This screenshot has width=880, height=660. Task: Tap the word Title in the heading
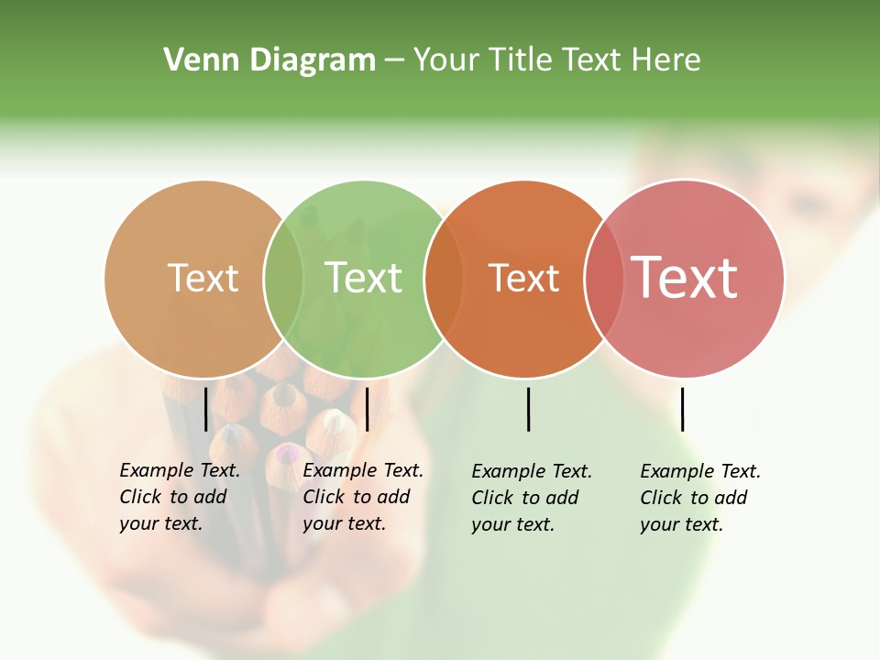pyautogui.click(x=519, y=60)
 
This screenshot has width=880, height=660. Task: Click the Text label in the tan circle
pyautogui.click(x=203, y=278)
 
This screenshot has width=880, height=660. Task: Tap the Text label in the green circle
pyautogui.click(x=363, y=278)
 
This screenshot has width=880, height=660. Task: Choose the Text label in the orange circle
pyautogui.click(x=523, y=279)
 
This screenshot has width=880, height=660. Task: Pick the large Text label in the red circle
pyautogui.click(x=685, y=278)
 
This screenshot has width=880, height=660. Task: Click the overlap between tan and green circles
pyautogui.click(x=283, y=279)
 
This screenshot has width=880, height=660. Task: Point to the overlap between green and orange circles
pyautogui.click(x=444, y=279)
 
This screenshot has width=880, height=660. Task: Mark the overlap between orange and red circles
pyautogui.click(x=604, y=279)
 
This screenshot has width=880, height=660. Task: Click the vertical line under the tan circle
pyautogui.click(x=206, y=408)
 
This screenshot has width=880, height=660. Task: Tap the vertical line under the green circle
pyautogui.click(x=367, y=408)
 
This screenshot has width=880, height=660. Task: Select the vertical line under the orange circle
pyautogui.click(x=528, y=409)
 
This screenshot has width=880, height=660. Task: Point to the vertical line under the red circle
pyautogui.click(x=682, y=409)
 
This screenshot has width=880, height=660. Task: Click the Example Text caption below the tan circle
pyautogui.click(x=180, y=497)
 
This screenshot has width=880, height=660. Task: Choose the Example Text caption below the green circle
pyautogui.click(x=363, y=497)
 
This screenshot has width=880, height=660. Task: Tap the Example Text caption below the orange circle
pyautogui.click(x=532, y=498)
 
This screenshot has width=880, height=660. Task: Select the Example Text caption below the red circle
pyautogui.click(x=700, y=498)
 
